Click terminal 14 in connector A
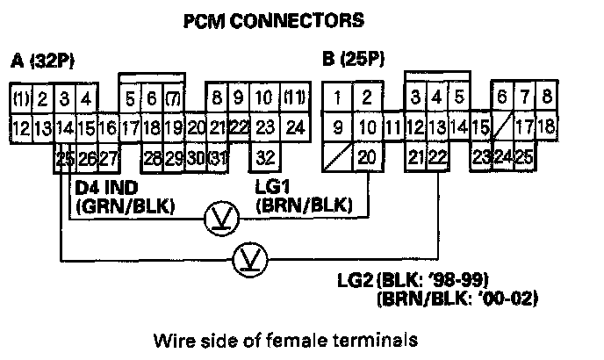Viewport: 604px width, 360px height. (64, 128)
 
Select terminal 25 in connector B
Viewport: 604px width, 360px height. (525, 158)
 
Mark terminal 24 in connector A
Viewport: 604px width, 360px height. (295, 128)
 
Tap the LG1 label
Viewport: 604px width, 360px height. (270, 188)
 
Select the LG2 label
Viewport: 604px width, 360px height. (356, 282)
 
